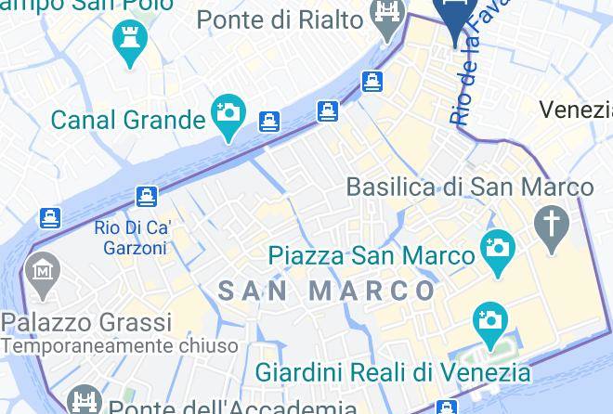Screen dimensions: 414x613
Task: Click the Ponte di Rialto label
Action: [x=279, y=19]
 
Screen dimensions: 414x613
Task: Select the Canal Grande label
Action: [x=127, y=120]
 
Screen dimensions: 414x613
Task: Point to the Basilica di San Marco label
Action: [x=469, y=187]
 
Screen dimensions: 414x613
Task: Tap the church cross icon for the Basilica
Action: [x=553, y=226]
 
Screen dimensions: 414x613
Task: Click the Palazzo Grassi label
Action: [x=86, y=323]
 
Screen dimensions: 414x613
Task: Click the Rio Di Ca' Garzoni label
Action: [x=133, y=238]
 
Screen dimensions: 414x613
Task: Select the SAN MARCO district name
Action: [x=327, y=291]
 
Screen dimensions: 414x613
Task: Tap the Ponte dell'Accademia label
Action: [x=232, y=408]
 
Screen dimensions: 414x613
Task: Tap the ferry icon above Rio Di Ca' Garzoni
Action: [x=146, y=197]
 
